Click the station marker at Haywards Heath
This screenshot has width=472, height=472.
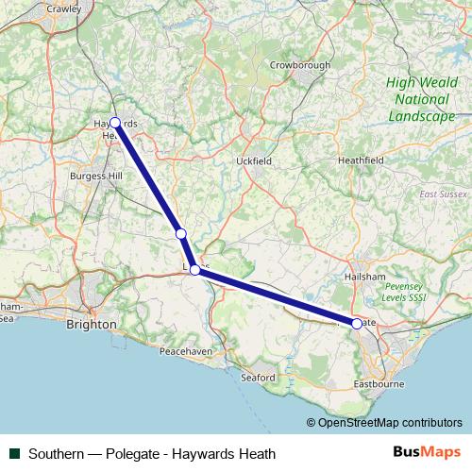tap(115, 123)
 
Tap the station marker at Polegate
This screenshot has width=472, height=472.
tap(356, 324)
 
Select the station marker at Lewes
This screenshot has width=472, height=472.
tap(194, 270)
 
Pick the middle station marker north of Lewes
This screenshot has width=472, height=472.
tap(180, 233)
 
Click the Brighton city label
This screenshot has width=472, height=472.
tap(92, 324)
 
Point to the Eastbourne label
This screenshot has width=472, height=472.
tap(378, 385)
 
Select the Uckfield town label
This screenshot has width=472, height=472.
tap(254, 161)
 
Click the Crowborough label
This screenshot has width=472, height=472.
tap(300, 65)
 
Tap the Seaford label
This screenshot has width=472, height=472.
tap(257, 378)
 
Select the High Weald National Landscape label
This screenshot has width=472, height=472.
tap(421, 99)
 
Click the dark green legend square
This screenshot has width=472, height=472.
tap(14, 454)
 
